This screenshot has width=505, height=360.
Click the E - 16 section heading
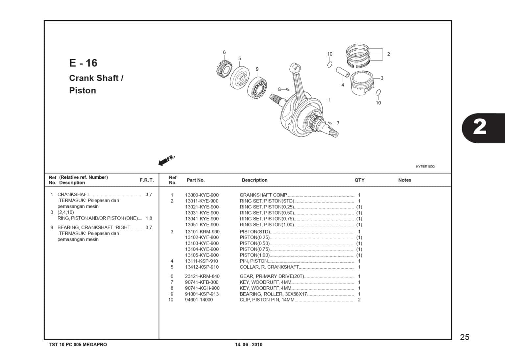pos(83,63)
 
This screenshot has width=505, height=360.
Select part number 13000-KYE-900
pos(202,195)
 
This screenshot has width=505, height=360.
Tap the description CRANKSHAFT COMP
pos(263,195)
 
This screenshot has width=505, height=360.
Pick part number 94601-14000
pos(199,300)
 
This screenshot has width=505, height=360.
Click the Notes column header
pos(404,180)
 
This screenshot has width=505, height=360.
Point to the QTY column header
pos(359,180)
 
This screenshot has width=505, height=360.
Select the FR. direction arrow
pos(166,160)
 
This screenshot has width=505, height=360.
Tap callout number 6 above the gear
pos(224,52)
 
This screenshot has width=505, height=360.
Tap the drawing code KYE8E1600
pos(425,167)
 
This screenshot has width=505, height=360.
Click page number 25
pos(465,337)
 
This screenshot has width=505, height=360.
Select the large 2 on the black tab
pos(480,128)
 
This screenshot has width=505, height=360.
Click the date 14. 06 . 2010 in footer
pos(249,345)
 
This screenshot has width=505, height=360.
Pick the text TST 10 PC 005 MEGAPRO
pos(78,345)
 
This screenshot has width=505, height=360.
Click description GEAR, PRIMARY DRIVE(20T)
pos(272,276)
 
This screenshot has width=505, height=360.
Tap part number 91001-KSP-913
pos(202,294)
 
